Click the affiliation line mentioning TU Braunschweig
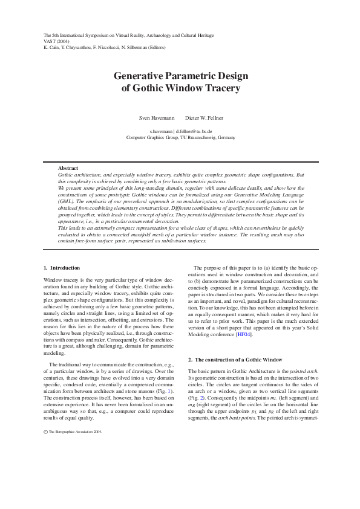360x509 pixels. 180,137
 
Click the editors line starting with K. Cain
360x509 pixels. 108,48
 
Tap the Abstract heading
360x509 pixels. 68,167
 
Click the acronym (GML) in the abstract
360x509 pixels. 67,195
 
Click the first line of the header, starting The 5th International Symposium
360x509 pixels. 128,36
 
